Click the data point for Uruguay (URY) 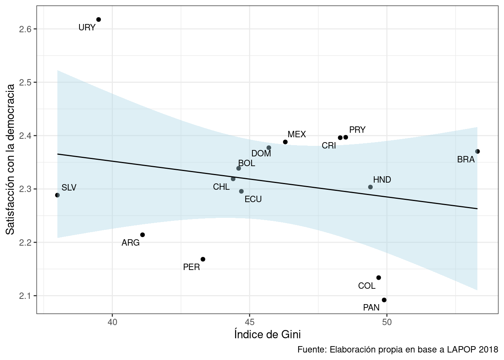pyautogui.click(x=99, y=19)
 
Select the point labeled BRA pyautogui.click(x=477, y=151)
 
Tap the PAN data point pyautogui.click(x=384, y=300)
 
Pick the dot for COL pyautogui.click(x=378, y=278)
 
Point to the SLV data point pyautogui.click(x=57, y=195)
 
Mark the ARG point pyautogui.click(x=142, y=235)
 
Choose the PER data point pyautogui.click(x=203, y=259)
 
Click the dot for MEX pyautogui.click(x=285, y=142)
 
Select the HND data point pyautogui.click(x=370, y=187)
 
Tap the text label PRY pyautogui.click(x=357, y=130)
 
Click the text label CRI pyautogui.click(x=329, y=145)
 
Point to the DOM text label pyautogui.click(x=261, y=153)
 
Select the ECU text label pyautogui.click(x=253, y=199)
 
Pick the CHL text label pyautogui.click(x=221, y=187)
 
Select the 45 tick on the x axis pyautogui.click(x=250, y=322)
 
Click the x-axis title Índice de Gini pyautogui.click(x=267, y=334)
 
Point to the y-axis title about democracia pyautogui.click(x=10, y=159)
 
